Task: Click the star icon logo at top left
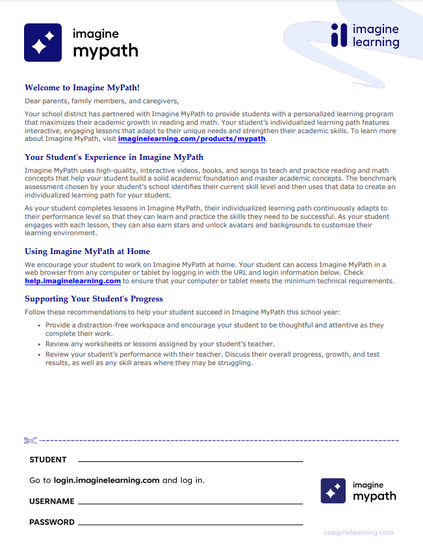(x=43, y=43)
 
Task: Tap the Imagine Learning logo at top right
(x=365, y=36)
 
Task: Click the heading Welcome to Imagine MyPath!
(x=82, y=88)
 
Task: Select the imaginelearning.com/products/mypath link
(x=192, y=139)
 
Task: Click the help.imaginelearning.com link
(x=73, y=281)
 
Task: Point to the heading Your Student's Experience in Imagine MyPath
(x=114, y=157)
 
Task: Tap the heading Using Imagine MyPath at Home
(x=87, y=251)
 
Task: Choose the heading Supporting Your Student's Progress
(x=94, y=299)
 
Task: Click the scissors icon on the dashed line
(x=30, y=441)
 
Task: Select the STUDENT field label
(x=48, y=460)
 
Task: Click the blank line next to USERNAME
(x=190, y=502)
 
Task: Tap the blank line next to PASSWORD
(x=190, y=523)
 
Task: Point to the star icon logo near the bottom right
(x=333, y=491)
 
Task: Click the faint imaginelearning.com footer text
(x=358, y=533)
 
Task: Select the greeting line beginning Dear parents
(x=101, y=101)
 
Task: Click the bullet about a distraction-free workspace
(x=214, y=328)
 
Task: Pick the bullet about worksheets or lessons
(x=160, y=344)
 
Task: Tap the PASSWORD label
(x=52, y=522)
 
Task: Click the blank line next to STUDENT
(x=190, y=461)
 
